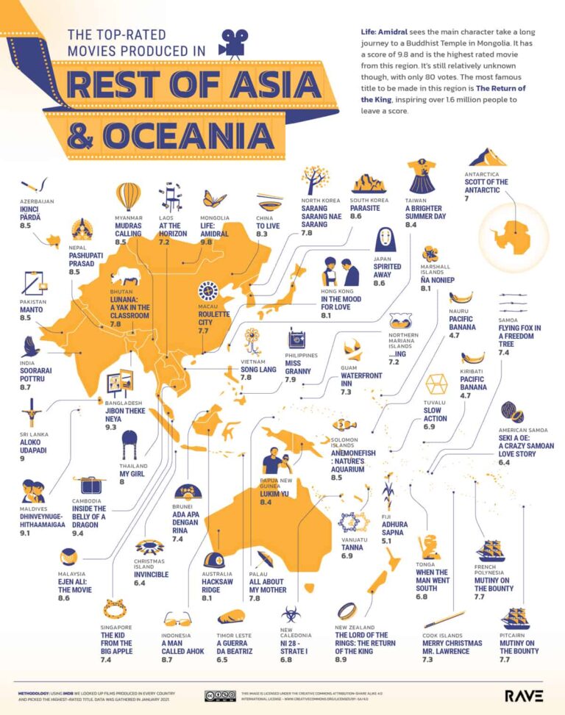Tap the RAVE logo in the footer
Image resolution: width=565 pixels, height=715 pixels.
(x=524, y=695)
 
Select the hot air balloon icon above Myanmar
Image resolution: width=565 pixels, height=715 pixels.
(x=129, y=196)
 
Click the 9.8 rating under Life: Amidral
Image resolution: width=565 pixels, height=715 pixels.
(x=211, y=241)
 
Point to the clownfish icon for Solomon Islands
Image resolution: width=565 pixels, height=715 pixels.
(x=347, y=425)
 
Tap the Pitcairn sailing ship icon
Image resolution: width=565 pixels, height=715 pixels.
(x=514, y=617)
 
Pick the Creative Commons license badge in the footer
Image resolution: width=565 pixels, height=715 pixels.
(x=220, y=695)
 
